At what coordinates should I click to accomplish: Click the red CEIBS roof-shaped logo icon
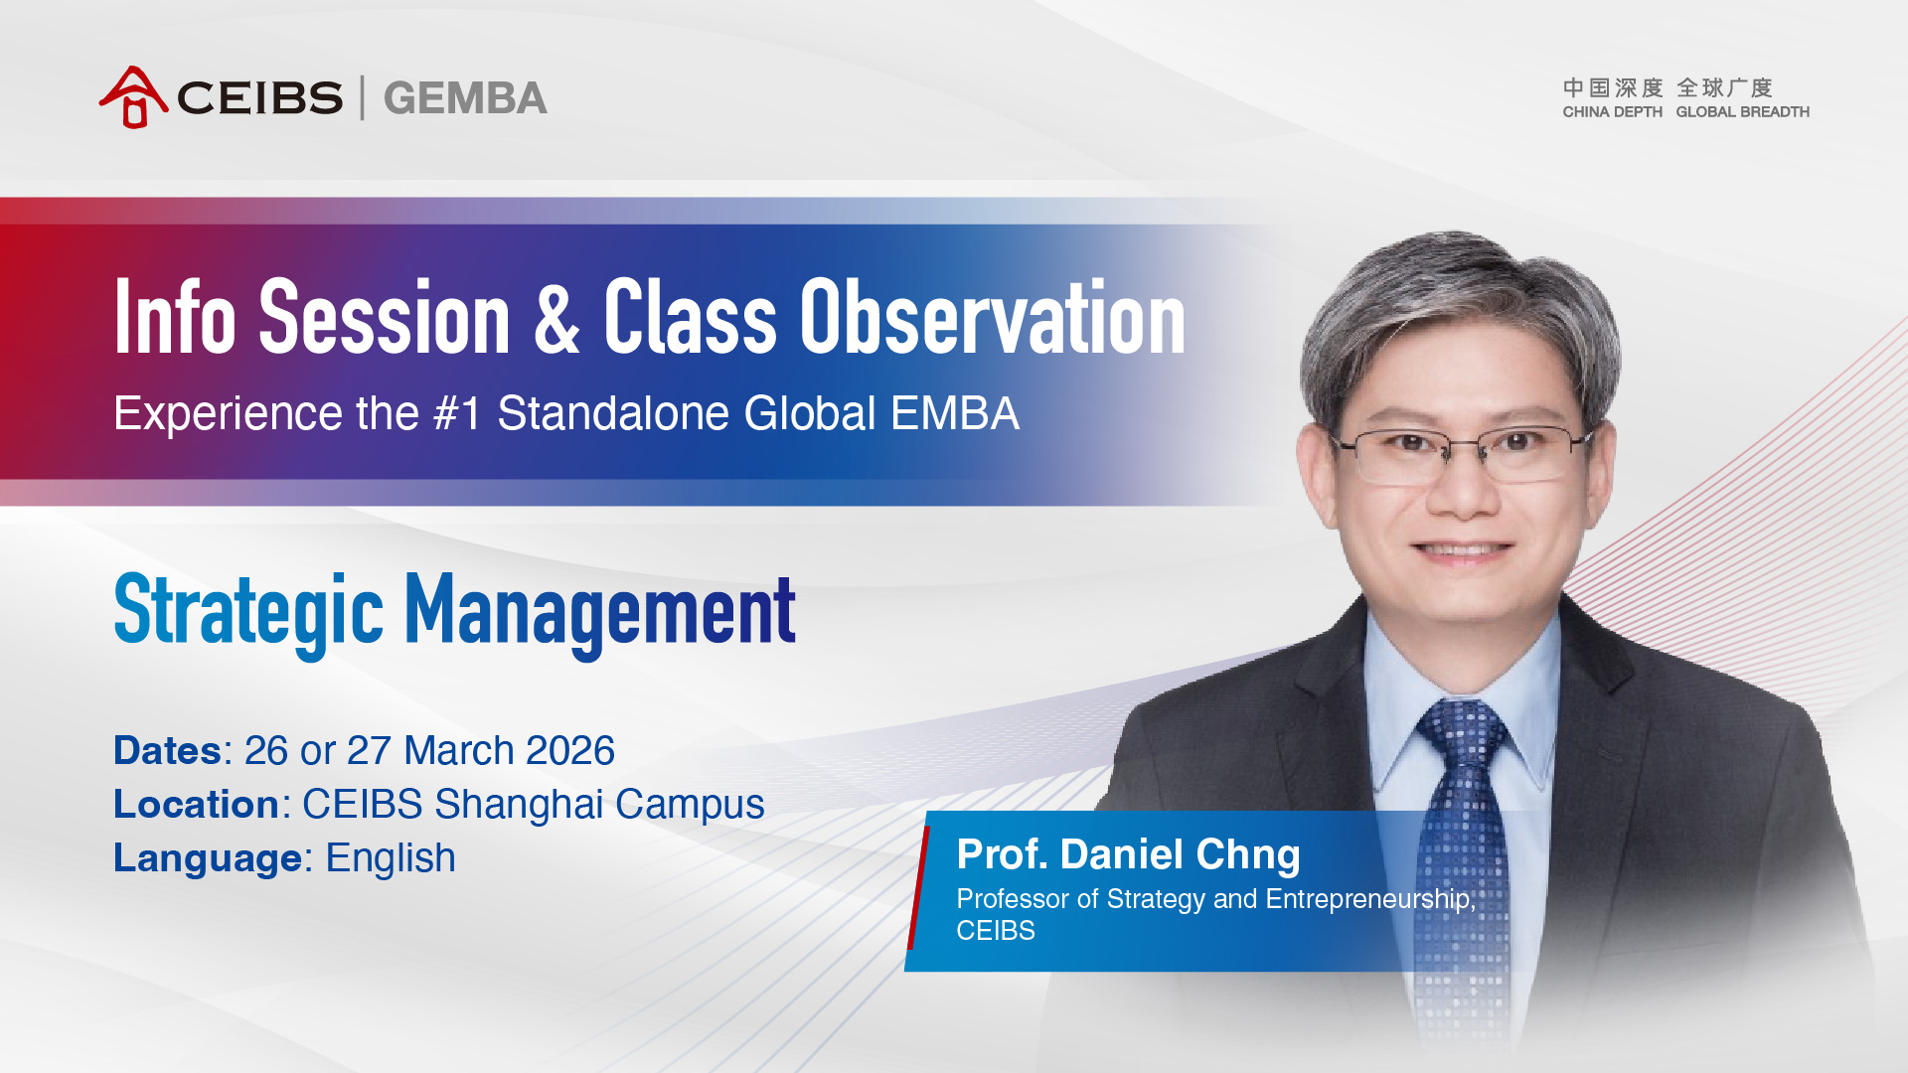point(133,97)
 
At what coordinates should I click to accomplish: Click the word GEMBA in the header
point(465,98)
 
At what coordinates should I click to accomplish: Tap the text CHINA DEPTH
point(1612,112)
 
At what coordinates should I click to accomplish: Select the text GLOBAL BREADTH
point(1742,112)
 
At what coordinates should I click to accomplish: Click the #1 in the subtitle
point(457,413)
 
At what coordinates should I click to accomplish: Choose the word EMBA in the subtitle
point(954,413)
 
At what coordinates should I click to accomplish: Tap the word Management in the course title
point(600,609)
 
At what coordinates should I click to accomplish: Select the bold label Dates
point(167,751)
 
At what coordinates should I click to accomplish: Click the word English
point(391,859)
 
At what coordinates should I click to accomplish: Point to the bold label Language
point(208,859)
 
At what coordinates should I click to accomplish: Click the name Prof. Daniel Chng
point(1128,854)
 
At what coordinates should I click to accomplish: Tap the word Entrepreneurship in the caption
point(1370,899)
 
